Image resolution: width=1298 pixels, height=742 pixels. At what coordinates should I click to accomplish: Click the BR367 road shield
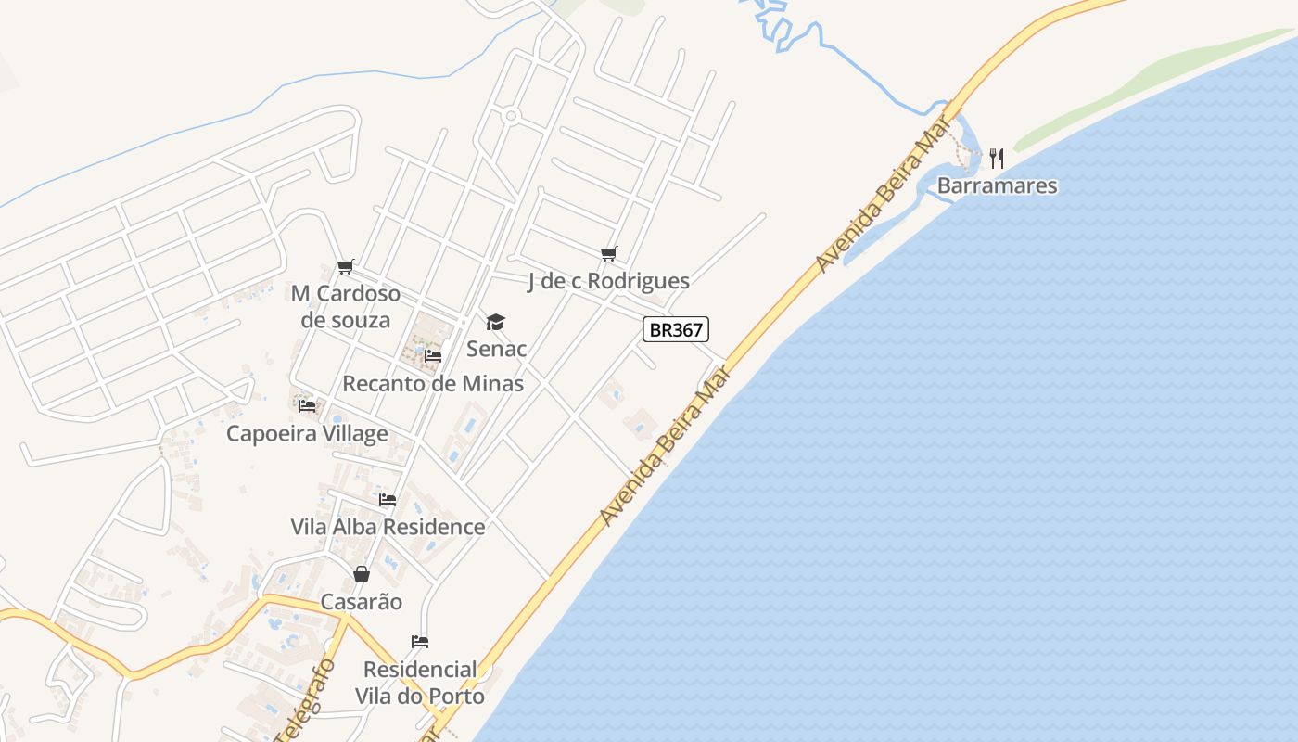675,329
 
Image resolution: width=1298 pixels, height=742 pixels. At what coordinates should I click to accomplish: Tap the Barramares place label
997,185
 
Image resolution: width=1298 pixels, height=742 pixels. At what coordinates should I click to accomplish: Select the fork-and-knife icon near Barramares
997,159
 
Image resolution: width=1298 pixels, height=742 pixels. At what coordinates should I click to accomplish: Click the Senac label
496,349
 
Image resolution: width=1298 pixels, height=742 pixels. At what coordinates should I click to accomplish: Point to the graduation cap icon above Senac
496,322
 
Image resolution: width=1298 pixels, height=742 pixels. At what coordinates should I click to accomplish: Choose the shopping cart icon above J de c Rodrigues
608,253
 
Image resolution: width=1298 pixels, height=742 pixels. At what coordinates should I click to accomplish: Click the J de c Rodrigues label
608,281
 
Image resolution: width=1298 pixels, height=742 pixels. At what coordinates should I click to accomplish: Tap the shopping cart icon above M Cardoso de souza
346,266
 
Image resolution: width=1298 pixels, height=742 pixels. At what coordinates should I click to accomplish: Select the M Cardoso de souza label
346,307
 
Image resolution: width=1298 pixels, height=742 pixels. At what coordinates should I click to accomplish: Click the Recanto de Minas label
433,383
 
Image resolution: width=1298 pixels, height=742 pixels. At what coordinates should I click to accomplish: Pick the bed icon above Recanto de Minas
433,355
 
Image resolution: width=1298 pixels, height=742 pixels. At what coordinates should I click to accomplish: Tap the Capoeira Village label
307,433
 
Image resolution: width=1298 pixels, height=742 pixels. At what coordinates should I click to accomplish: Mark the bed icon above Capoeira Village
307,405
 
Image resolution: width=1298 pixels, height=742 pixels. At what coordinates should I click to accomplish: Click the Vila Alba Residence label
388,527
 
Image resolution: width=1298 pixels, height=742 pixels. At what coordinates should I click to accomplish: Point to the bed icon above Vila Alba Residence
388,499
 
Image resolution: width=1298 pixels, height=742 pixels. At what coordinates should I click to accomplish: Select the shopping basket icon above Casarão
362,574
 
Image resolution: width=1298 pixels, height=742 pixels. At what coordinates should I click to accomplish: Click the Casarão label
362,602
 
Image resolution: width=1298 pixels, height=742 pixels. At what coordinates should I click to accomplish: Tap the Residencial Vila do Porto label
420,683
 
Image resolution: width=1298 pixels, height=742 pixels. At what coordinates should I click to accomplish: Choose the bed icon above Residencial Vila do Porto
420,641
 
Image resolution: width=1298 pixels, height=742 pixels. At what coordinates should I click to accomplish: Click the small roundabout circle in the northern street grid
510,116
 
